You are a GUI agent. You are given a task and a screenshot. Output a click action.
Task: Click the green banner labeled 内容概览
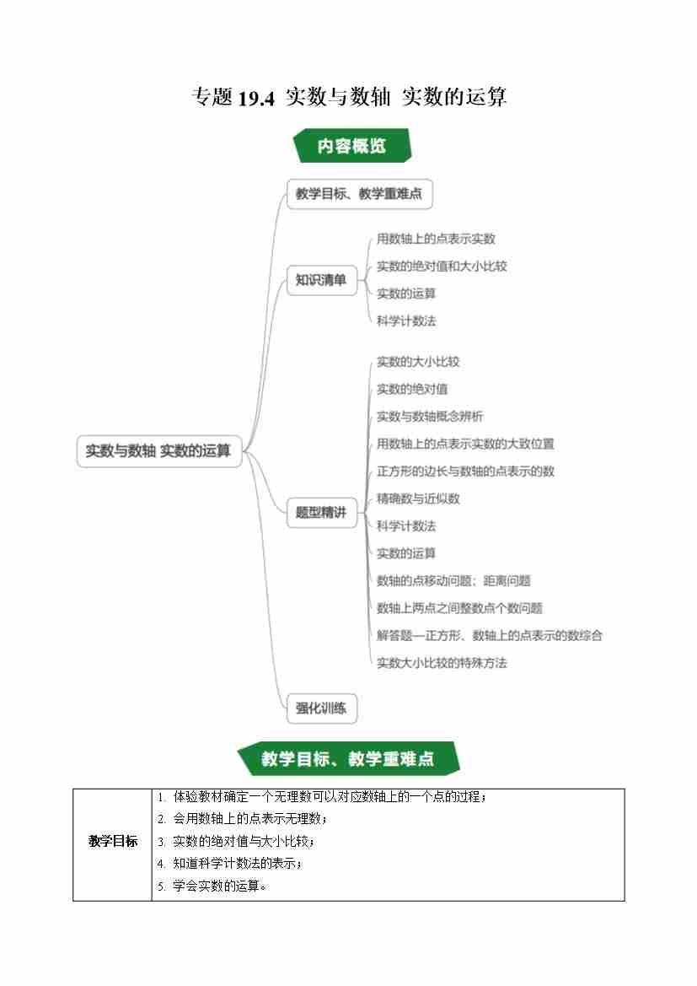352,145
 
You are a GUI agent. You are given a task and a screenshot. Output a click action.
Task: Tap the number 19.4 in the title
256,98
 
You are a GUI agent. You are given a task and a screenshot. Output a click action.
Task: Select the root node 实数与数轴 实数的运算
159,451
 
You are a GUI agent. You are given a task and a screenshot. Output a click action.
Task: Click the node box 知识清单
321,280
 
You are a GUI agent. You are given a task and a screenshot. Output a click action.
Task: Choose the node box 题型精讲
321,513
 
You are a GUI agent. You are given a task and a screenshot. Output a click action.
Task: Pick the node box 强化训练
321,708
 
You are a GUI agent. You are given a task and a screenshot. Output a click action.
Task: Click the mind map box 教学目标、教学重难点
360,194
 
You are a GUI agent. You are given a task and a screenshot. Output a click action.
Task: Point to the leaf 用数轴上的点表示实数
436,239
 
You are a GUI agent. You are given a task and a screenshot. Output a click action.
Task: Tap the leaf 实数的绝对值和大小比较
442,266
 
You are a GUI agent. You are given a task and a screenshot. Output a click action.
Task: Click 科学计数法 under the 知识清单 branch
406,321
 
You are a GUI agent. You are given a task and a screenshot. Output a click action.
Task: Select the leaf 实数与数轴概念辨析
430,417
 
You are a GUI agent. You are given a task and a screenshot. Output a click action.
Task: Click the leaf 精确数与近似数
418,498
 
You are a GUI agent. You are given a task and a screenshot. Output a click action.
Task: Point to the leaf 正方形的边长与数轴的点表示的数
465,471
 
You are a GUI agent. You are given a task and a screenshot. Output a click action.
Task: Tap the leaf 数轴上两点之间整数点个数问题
459,608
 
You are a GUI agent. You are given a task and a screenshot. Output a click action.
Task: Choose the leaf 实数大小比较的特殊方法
442,663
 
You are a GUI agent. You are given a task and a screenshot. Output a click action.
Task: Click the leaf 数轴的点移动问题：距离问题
453,580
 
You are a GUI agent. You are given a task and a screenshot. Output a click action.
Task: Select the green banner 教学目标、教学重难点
348,758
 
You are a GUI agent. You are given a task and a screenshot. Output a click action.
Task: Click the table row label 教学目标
112,842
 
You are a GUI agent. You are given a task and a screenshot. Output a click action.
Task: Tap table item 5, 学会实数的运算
212,886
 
